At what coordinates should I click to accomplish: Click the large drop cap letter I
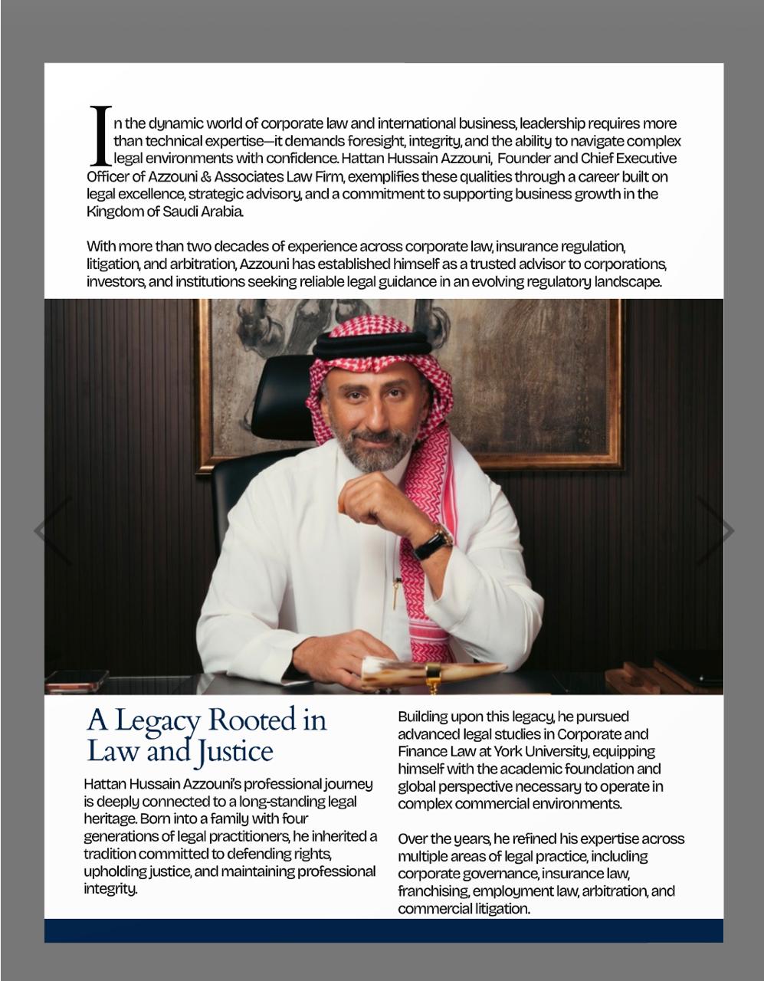pos(100,136)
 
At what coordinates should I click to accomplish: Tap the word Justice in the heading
pos(234,751)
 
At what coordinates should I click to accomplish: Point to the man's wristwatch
pos(433,542)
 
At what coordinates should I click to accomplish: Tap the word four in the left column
pos(293,819)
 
